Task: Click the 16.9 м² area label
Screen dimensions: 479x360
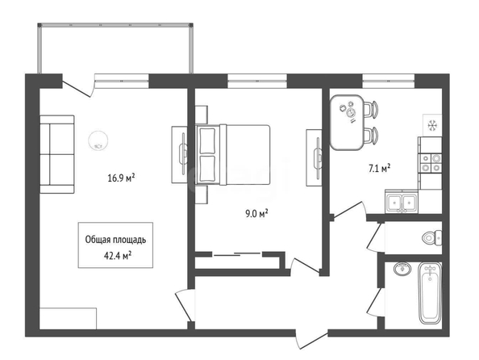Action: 121,178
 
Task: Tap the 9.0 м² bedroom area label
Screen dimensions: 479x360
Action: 256,213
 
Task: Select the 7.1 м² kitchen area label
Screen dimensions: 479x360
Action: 380,168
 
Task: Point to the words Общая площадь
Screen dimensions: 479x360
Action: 115,240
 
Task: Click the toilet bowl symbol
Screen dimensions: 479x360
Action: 432,237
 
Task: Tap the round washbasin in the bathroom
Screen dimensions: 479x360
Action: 402,269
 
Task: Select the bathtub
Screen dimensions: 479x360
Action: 430,293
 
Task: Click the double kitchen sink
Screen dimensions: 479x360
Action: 402,202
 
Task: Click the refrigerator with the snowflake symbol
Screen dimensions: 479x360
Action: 432,125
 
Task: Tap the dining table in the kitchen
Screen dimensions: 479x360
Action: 347,123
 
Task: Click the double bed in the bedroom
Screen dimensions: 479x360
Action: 233,155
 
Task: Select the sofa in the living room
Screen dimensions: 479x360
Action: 57,154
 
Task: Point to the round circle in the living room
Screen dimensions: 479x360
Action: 98,140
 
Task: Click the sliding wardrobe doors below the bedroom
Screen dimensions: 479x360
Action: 237,254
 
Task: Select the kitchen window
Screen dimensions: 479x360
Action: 389,81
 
